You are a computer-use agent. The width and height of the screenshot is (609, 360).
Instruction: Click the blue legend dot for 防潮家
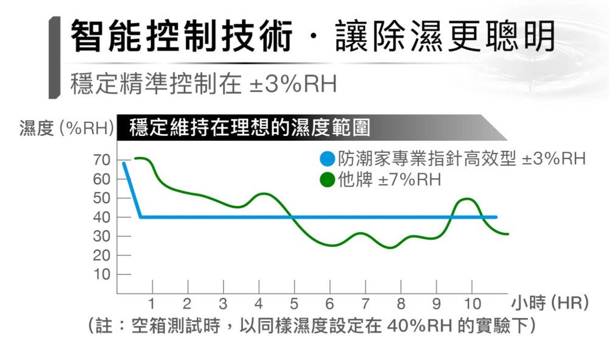click(x=327, y=160)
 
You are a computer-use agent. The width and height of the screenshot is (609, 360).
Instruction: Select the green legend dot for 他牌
click(x=327, y=180)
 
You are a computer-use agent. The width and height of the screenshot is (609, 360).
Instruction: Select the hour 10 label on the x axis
click(x=471, y=303)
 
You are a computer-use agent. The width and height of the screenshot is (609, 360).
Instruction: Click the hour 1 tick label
click(x=152, y=303)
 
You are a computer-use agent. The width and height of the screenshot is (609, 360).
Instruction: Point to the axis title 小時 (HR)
click(x=550, y=303)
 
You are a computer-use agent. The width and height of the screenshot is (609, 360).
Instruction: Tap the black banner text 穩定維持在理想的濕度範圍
click(x=250, y=129)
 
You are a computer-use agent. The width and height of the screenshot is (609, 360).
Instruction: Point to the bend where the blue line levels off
click(x=141, y=217)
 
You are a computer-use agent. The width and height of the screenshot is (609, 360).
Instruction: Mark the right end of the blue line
click(x=496, y=217)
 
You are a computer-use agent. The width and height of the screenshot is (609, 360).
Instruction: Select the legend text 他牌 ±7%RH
click(x=390, y=180)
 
